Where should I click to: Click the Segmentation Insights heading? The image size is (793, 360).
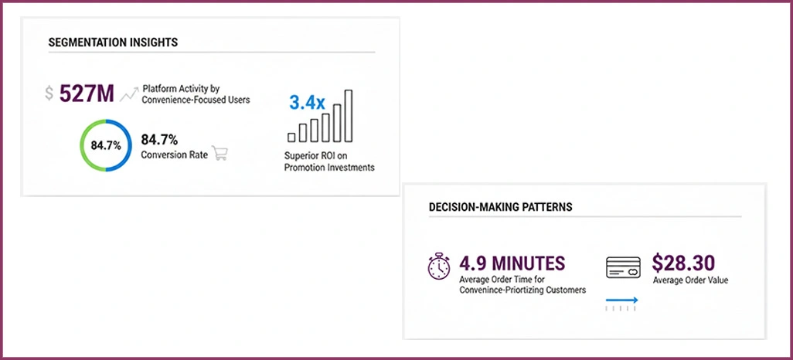(x=114, y=42)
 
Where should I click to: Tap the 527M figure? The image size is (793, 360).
(x=87, y=93)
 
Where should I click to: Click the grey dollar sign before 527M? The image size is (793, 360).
(x=49, y=93)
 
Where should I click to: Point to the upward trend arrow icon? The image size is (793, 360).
(x=129, y=94)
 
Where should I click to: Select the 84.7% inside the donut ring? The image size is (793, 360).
(x=106, y=146)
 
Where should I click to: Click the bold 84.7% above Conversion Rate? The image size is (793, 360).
(x=159, y=140)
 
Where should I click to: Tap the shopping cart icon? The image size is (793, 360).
(x=220, y=153)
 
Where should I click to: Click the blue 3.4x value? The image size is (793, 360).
(x=307, y=103)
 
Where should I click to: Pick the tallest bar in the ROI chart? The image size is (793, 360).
(x=349, y=116)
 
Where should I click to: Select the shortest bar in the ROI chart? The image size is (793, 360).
(x=291, y=138)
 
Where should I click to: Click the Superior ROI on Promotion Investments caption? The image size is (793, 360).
(x=329, y=161)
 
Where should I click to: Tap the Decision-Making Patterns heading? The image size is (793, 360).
(x=501, y=207)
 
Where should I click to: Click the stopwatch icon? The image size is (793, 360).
(x=438, y=266)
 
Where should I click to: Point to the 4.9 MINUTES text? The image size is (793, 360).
(x=512, y=263)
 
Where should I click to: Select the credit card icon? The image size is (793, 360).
(x=623, y=267)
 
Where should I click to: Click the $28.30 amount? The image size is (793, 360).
(x=683, y=263)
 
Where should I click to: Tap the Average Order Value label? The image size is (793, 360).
(x=691, y=280)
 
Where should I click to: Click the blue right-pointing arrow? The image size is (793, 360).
(x=621, y=301)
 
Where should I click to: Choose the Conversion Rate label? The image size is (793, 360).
(x=175, y=155)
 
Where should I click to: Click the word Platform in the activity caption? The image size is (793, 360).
(x=159, y=89)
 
